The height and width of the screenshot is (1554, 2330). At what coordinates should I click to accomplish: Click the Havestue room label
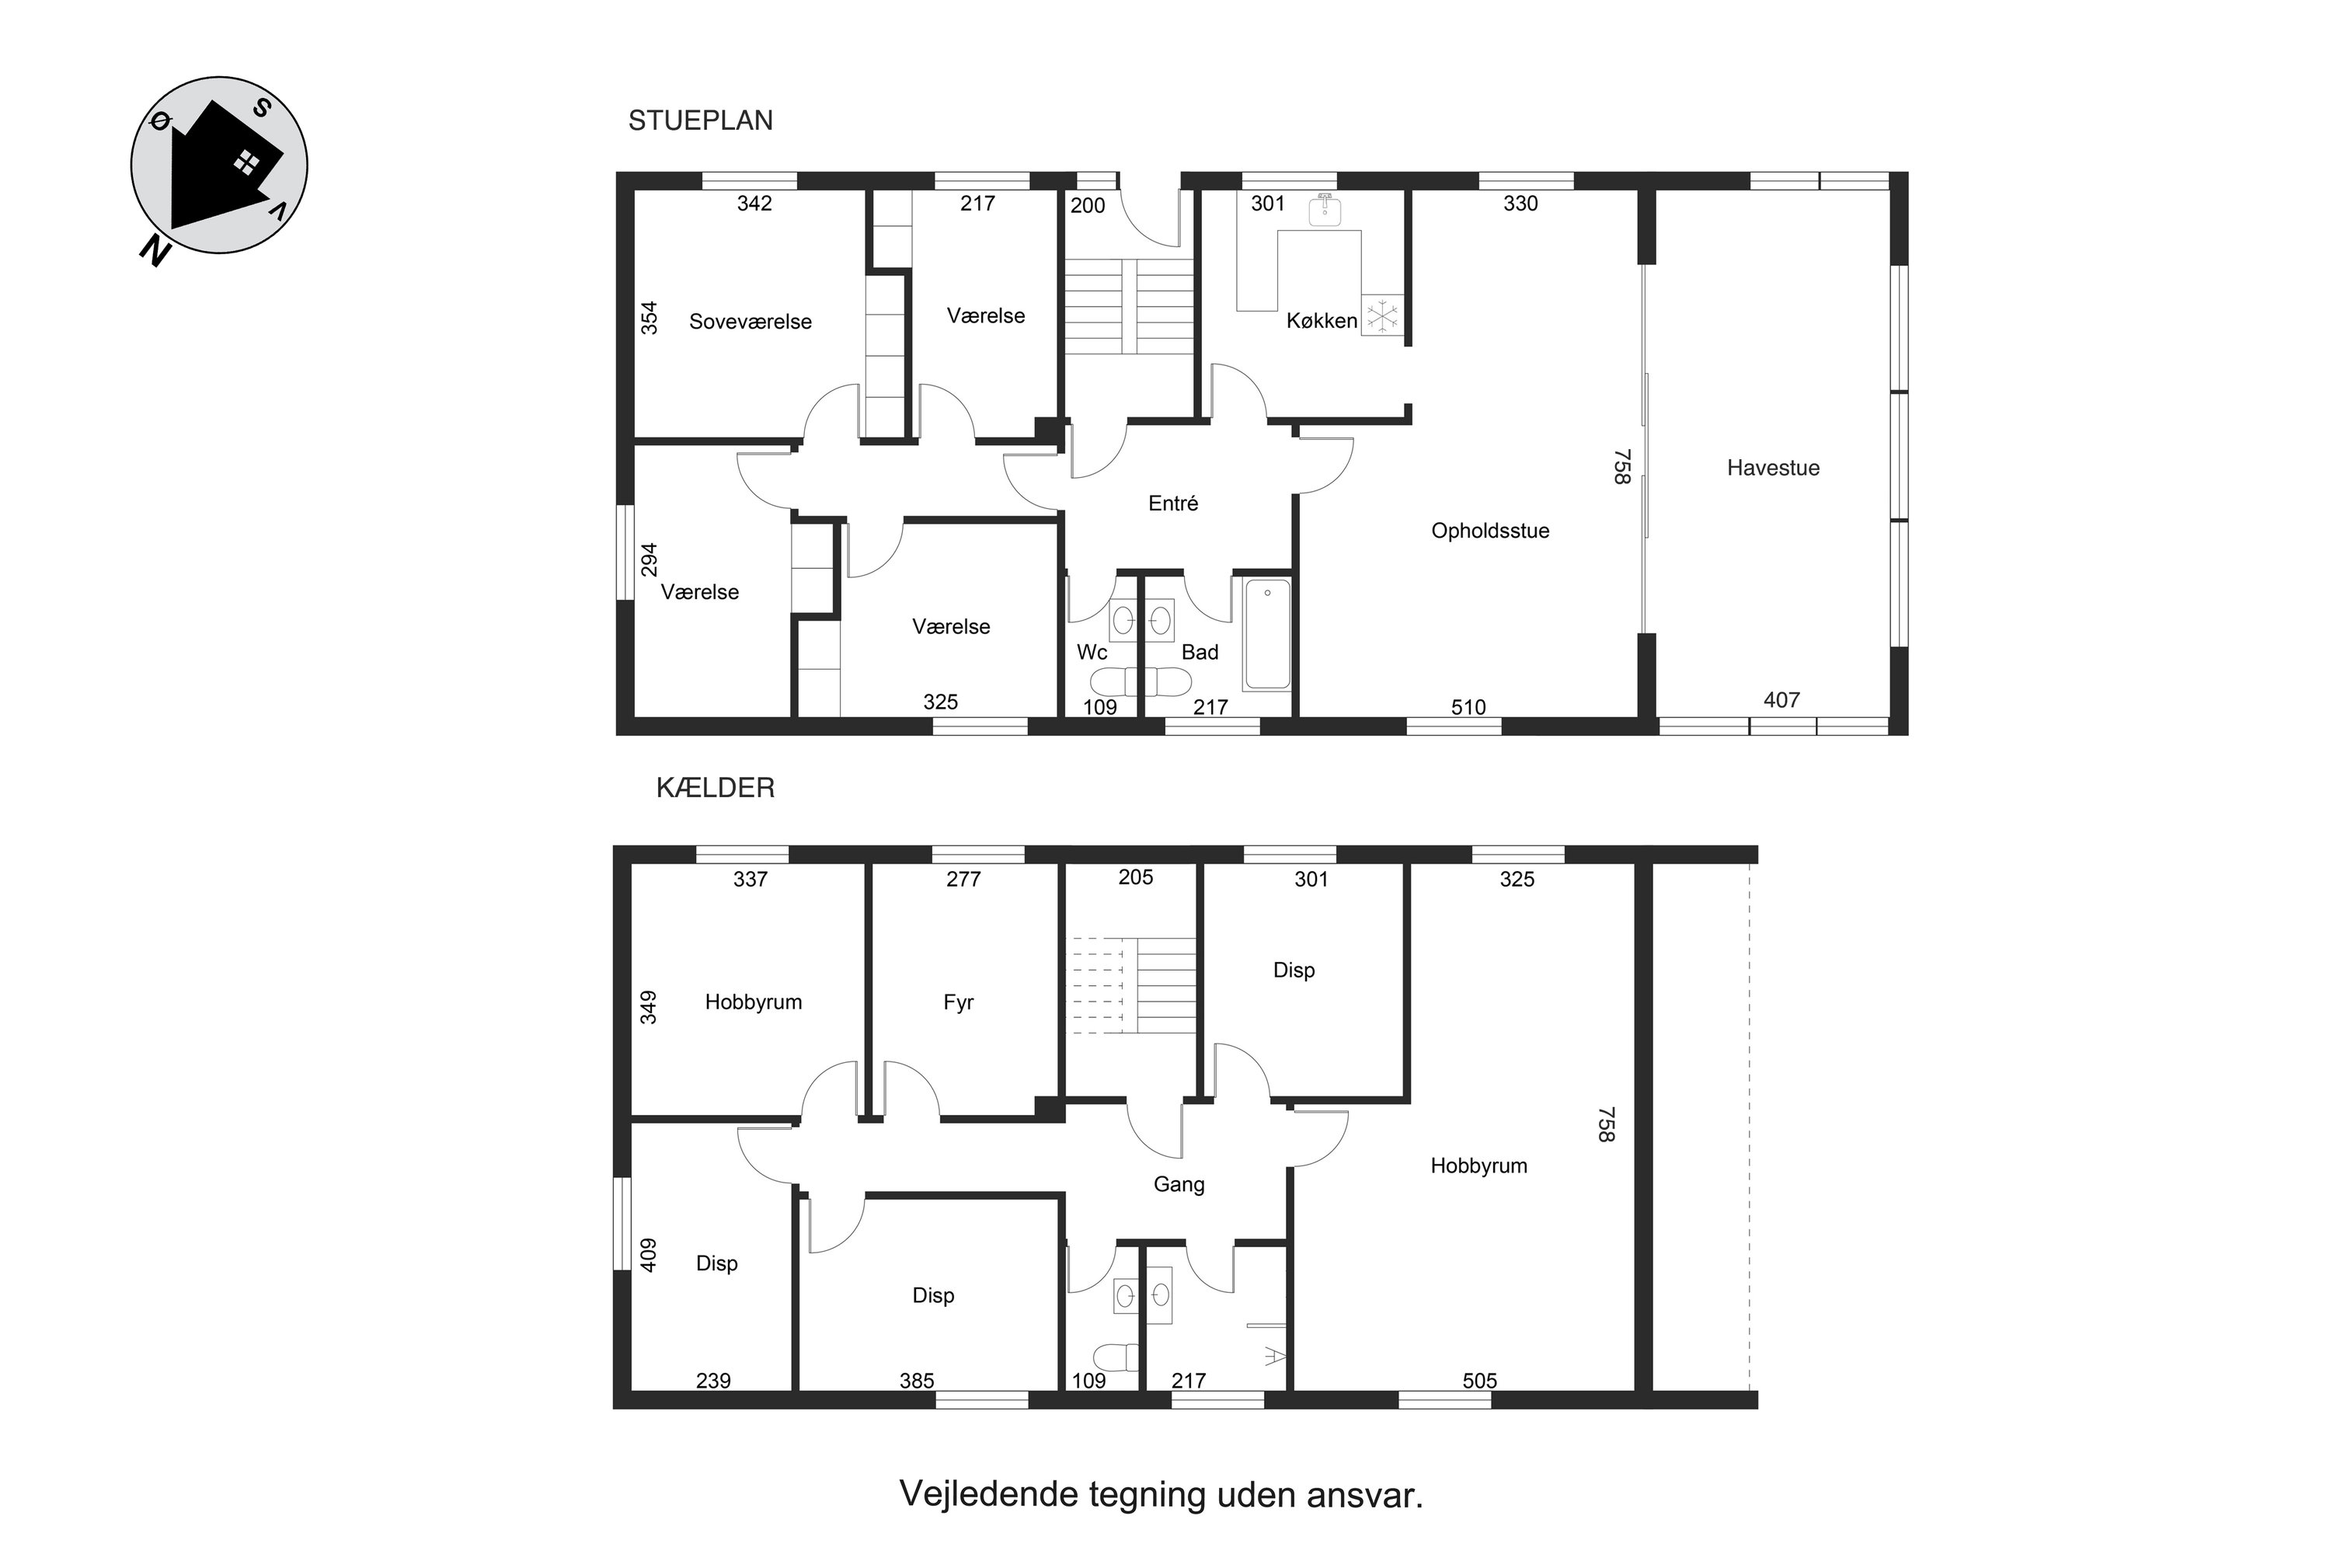(1773, 468)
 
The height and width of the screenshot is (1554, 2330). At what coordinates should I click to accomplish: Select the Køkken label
(1321, 320)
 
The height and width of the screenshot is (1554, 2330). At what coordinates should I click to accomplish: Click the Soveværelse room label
(751, 321)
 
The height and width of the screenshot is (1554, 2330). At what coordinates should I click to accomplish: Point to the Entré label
(1173, 503)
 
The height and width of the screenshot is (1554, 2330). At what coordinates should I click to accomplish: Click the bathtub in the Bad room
(1266, 634)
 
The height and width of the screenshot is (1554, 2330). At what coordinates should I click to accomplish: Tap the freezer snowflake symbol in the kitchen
(1381, 316)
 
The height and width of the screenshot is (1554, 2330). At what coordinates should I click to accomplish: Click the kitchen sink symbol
(1324, 210)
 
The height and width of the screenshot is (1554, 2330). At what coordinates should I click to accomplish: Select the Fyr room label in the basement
(959, 1002)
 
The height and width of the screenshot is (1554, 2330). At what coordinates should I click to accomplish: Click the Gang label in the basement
(1179, 1184)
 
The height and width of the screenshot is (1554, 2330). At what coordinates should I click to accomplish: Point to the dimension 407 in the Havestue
(1781, 700)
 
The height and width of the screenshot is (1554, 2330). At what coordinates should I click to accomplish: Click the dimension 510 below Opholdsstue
(1468, 706)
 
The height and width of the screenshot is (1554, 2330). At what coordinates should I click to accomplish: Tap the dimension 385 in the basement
(917, 1381)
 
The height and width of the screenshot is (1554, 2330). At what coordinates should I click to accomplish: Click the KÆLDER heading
(716, 788)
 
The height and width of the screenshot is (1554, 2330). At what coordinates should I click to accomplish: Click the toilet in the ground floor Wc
(1114, 682)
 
